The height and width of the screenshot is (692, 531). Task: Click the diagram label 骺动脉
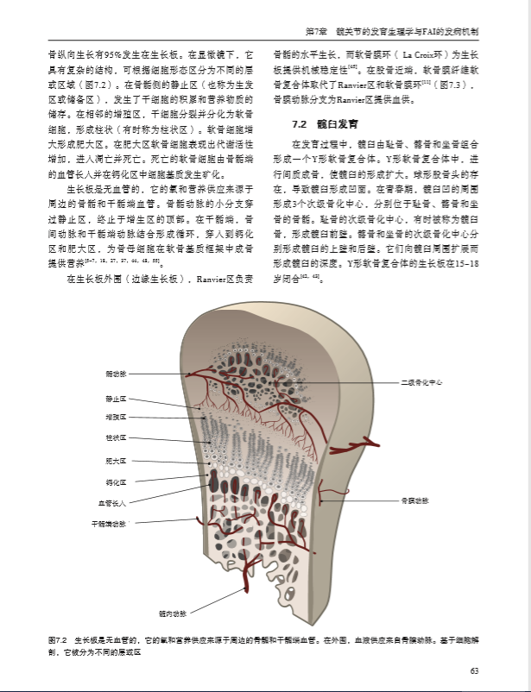(116, 374)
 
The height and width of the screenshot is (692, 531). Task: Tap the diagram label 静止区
(116, 399)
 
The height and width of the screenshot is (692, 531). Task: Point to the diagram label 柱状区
(116, 437)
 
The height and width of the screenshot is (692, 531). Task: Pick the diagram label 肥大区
(116, 461)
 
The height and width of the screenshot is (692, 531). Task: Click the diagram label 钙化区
(116, 482)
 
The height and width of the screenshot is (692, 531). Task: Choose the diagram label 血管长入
(112, 503)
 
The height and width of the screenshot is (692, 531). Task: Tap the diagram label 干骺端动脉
(110, 524)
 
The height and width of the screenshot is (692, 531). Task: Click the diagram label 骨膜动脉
(414, 500)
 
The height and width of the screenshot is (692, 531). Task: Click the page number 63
(474, 671)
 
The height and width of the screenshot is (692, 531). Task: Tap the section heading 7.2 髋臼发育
(317, 124)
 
